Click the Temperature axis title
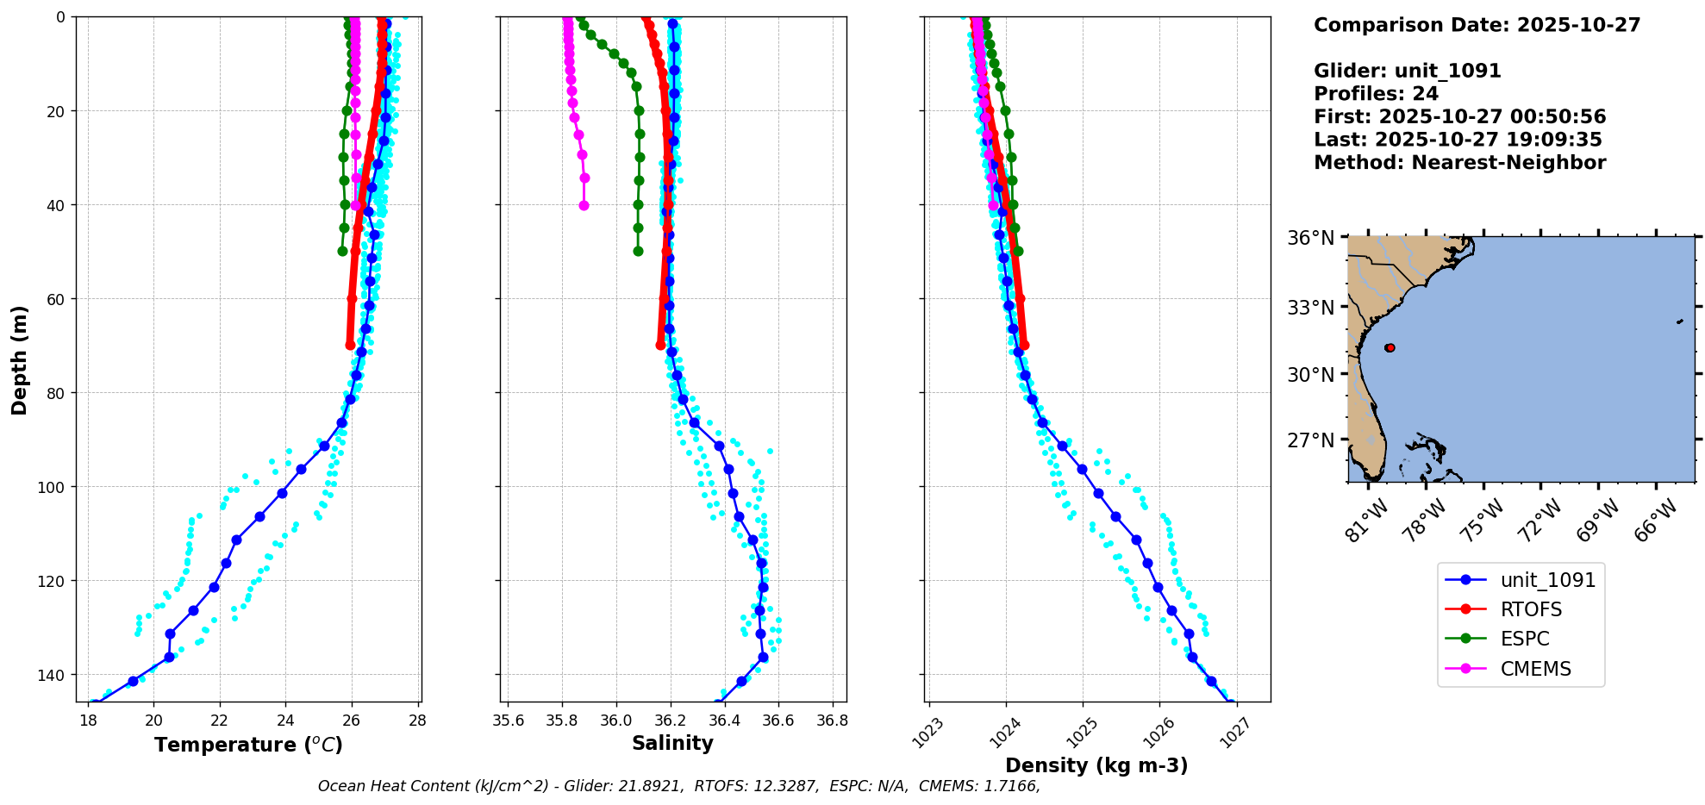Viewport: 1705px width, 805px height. click(x=248, y=745)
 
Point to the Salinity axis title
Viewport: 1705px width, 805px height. click(x=672, y=743)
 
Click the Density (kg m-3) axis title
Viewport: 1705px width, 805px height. click(x=1096, y=765)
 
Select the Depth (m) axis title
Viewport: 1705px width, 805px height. click(x=20, y=359)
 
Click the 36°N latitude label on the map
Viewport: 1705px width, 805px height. click(x=1310, y=238)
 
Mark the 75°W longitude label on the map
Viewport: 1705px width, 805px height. click(x=1483, y=521)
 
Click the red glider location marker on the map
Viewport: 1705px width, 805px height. click(x=1390, y=347)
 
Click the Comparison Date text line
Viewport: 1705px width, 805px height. click(x=1477, y=25)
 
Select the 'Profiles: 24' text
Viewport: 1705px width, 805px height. click(x=1376, y=94)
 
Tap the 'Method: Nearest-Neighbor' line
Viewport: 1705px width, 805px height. click(x=1459, y=163)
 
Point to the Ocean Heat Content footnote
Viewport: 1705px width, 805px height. click(x=678, y=786)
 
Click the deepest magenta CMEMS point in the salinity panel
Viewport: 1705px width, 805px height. click(x=584, y=205)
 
